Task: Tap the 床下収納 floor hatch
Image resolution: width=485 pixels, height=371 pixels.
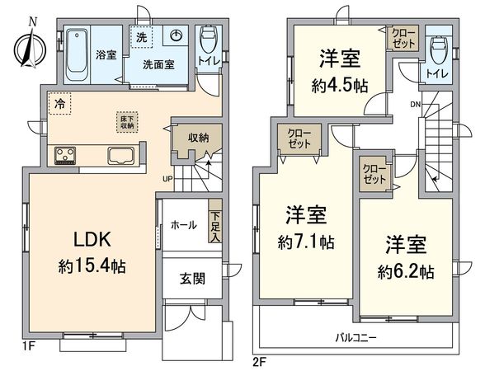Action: [x=129, y=123]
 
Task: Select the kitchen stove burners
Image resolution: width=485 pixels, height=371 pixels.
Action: [x=66, y=156]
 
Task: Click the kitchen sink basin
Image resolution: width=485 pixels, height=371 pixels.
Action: [x=119, y=155]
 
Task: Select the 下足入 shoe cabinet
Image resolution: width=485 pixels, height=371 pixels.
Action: [x=215, y=221]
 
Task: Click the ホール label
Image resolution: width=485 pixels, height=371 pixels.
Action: [x=183, y=224]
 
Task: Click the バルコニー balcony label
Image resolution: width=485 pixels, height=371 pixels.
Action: [x=356, y=338]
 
